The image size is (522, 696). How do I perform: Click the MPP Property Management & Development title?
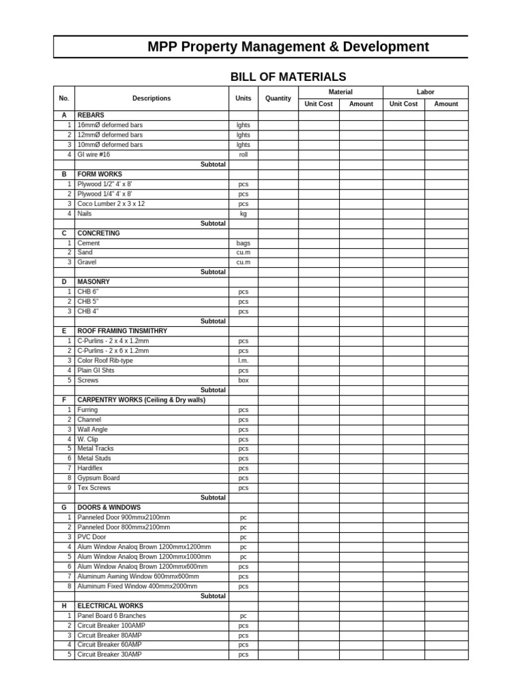coord(288,47)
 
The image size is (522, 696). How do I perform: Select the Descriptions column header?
coord(152,99)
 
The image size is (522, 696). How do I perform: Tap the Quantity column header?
coord(278,99)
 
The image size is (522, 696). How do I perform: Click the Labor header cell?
coord(425,92)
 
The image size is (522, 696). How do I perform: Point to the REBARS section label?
coord(91,116)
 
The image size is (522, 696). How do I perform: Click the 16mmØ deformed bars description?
coord(110,125)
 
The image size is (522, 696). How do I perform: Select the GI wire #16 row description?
coord(94,154)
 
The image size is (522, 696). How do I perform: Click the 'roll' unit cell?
coord(243,154)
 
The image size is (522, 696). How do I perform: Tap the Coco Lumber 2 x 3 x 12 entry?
coord(111,204)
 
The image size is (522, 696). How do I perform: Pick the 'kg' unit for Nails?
coord(243,213)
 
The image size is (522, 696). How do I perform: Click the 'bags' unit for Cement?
coord(243,243)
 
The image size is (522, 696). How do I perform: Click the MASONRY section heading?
coord(93,281)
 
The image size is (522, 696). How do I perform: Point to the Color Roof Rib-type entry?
coord(105,360)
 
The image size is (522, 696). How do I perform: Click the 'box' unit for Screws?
coord(243,380)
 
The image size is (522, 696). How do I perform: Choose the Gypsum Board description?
coord(99,478)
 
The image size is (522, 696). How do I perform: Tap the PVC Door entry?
coord(92,537)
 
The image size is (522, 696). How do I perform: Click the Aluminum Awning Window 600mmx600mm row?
coord(138,576)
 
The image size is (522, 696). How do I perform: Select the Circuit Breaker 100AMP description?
coord(111,625)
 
